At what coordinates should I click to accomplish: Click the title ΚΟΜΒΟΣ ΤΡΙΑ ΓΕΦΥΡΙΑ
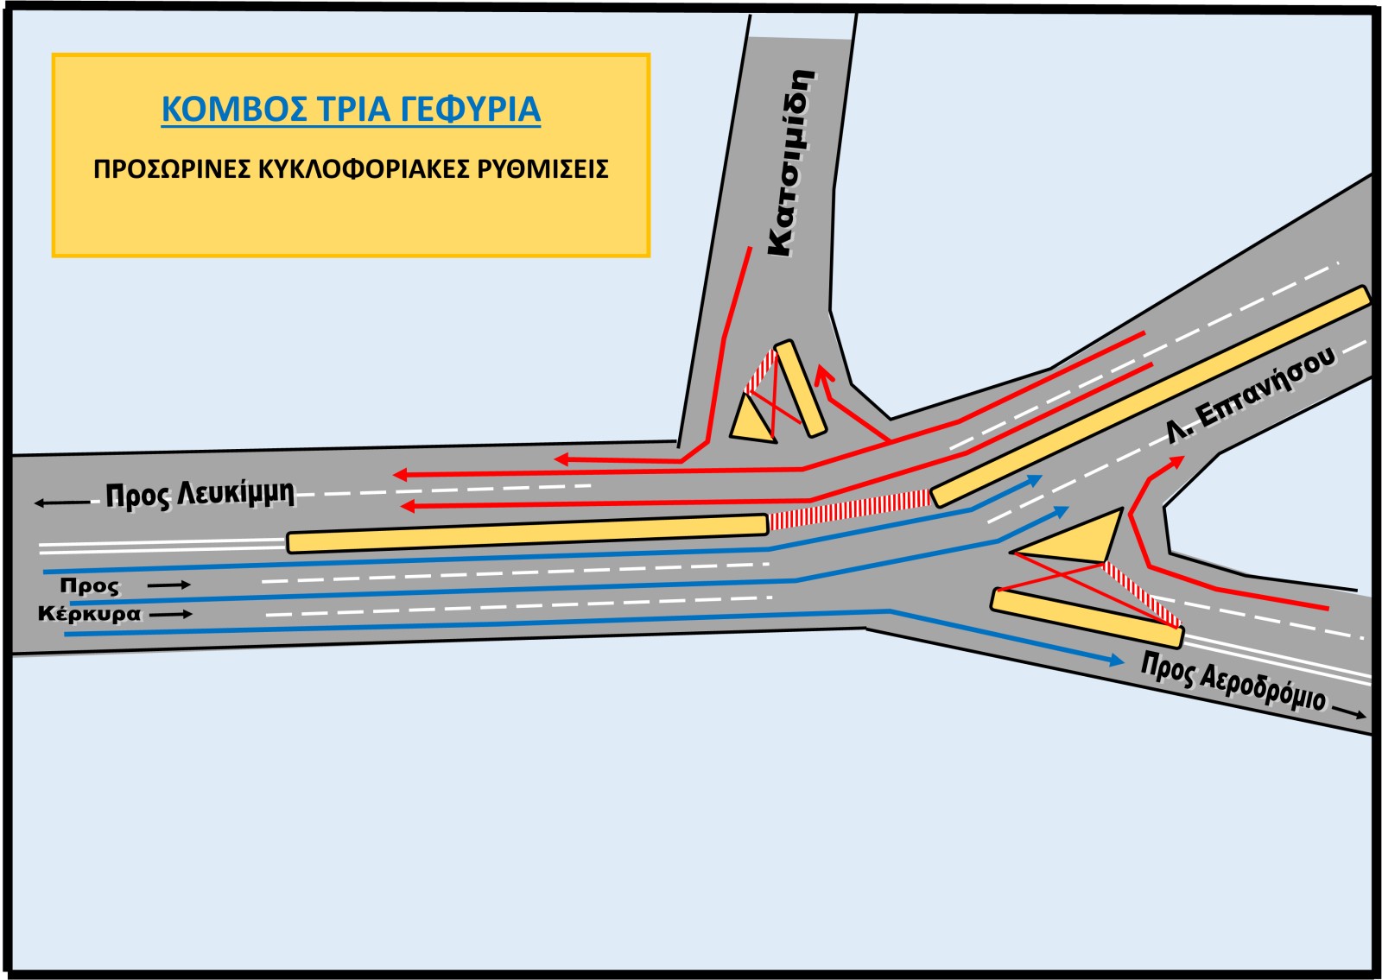[x=351, y=110]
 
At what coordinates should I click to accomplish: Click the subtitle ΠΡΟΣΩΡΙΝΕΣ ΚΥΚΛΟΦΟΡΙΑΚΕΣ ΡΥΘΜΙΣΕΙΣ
[x=351, y=168]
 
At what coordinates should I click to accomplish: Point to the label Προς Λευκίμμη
[x=200, y=495]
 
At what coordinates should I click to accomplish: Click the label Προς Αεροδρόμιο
[x=1233, y=680]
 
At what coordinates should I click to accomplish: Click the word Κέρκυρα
[x=89, y=614]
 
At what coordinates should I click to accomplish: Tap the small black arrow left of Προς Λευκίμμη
[x=62, y=503]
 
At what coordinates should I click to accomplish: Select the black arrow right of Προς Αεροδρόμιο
[x=1349, y=711]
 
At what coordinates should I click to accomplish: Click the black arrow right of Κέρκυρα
[x=176, y=614]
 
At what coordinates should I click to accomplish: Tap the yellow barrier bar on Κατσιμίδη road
[x=799, y=388]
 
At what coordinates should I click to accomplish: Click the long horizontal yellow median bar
[x=527, y=533]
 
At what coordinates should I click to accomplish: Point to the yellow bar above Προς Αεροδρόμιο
[x=1086, y=618]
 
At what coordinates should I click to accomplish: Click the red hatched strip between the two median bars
[x=850, y=509]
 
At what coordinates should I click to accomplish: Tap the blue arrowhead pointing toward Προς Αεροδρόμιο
[x=1116, y=661]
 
